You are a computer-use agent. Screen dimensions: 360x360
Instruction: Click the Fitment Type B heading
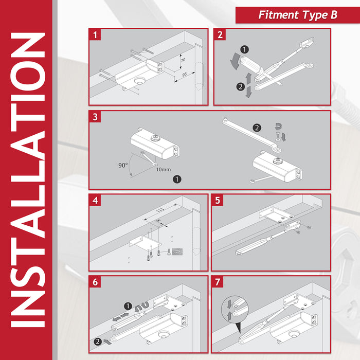[298, 15]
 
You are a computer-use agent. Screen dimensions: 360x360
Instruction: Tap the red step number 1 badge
[95, 35]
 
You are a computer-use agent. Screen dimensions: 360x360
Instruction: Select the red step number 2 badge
[220, 35]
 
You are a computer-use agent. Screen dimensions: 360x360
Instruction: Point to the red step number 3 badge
[95, 117]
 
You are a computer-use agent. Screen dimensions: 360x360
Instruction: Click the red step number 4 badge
[95, 200]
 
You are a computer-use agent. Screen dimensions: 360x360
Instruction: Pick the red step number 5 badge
[218, 200]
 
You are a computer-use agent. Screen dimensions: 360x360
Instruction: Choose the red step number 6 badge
[95, 282]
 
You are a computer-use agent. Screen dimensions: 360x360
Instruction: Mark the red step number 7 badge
[218, 282]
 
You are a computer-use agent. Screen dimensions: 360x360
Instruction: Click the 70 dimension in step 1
[183, 60]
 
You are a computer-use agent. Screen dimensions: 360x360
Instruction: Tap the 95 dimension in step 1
[185, 75]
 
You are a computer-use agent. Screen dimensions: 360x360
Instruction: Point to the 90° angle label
[123, 165]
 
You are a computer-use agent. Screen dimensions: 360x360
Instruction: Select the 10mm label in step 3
[164, 170]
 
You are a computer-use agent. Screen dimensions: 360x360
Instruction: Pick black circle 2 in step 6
[98, 341]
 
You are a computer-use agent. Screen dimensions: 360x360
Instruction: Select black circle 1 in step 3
[177, 179]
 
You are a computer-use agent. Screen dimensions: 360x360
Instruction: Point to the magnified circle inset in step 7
[235, 309]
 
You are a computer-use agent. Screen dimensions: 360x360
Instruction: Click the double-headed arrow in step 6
[121, 317]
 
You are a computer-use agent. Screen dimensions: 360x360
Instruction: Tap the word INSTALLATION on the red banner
[28, 179]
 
